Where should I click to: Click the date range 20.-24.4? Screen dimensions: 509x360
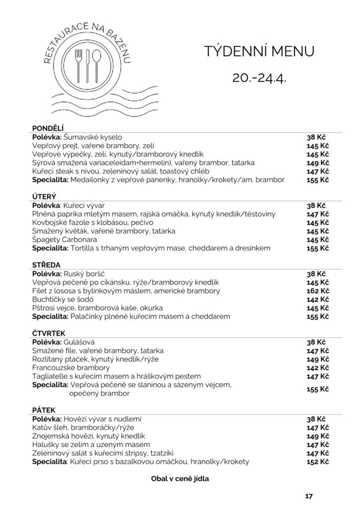point(259,78)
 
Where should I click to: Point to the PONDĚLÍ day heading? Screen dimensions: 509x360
point(48,127)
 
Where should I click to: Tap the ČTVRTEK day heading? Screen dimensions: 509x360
point(49,333)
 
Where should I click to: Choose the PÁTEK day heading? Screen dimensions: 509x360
point(44,410)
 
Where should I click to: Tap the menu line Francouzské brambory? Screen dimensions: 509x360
point(71,367)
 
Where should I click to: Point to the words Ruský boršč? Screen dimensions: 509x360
point(86,273)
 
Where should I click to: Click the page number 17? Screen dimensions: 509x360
point(308,496)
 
